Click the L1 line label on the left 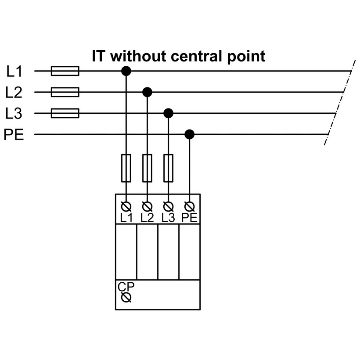click(x=15, y=71)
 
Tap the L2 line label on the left click(x=14, y=92)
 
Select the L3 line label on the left click(x=14, y=114)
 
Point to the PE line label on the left click(x=14, y=135)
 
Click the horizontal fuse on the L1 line click(x=65, y=71)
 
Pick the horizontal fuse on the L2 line click(x=65, y=92)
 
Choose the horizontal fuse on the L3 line click(x=65, y=114)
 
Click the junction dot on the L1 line click(x=126, y=71)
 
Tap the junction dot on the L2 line click(x=148, y=92)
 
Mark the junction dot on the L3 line click(x=168, y=114)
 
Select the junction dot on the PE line click(x=189, y=134)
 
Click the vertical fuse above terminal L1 click(x=126, y=168)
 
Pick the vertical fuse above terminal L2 click(x=148, y=168)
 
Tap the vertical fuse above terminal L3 click(x=168, y=168)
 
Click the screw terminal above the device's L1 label click(x=126, y=206)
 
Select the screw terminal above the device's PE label click(x=189, y=206)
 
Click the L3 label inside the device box click(x=168, y=217)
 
